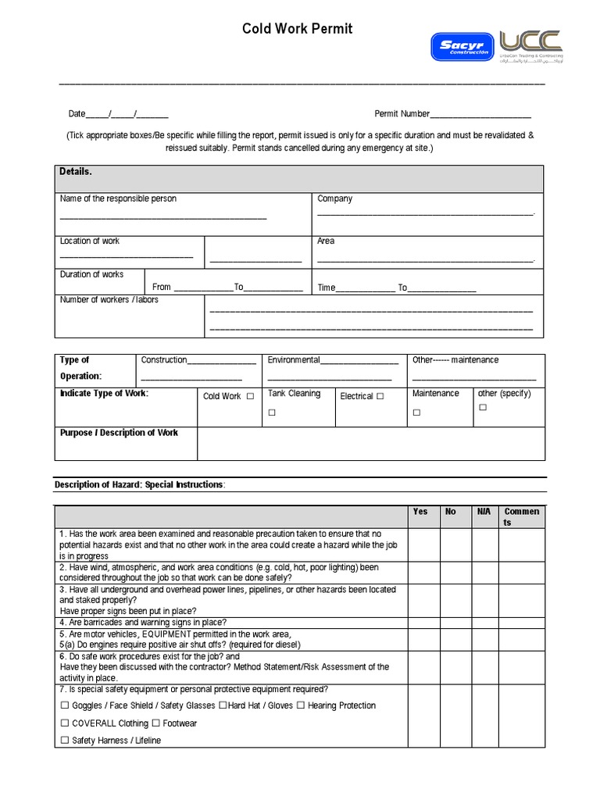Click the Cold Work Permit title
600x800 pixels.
pos(297,29)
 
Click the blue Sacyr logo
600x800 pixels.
pos(462,46)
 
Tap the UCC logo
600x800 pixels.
pos(531,45)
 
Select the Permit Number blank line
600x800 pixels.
pos(480,115)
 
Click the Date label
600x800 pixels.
pos(77,114)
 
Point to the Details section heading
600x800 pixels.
pos(76,171)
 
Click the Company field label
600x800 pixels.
pos(334,198)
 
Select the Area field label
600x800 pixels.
pos(326,241)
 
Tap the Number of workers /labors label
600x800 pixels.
pos(109,300)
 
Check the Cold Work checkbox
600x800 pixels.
pos(250,396)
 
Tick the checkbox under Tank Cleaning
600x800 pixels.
pos(272,412)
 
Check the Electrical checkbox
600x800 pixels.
pos(380,396)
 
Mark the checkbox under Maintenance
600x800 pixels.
pos(416,412)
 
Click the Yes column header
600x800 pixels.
pos(420,512)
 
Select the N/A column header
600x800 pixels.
pos(484,512)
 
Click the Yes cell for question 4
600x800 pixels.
pos(423,623)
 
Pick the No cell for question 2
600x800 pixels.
pos(455,572)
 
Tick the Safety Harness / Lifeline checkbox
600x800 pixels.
pos(64,741)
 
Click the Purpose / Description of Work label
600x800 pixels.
pos(119,432)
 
